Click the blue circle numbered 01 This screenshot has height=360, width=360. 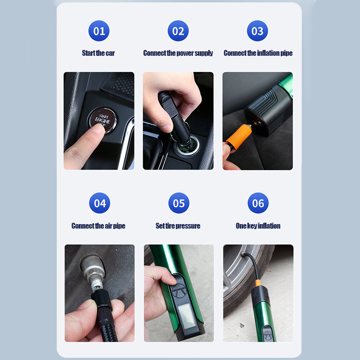(99, 31)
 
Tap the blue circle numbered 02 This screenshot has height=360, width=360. (178, 31)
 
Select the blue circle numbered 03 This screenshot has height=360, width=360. (257, 31)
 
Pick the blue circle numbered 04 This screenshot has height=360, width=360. (99, 203)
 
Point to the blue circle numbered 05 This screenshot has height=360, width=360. (179, 203)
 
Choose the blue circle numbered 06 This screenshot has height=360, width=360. (258, 203)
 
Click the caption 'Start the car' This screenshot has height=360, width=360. (98, 53)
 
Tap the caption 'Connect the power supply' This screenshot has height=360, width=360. (178, 53)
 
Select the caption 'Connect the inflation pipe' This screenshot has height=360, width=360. (258, 53)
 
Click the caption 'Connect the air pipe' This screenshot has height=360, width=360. (98, 226)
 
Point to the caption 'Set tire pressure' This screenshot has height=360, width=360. (178, 226)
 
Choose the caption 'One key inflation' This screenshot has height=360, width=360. (258, 226)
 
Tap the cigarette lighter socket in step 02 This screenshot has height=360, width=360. (185, 149)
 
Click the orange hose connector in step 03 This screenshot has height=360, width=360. (239, 137)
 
